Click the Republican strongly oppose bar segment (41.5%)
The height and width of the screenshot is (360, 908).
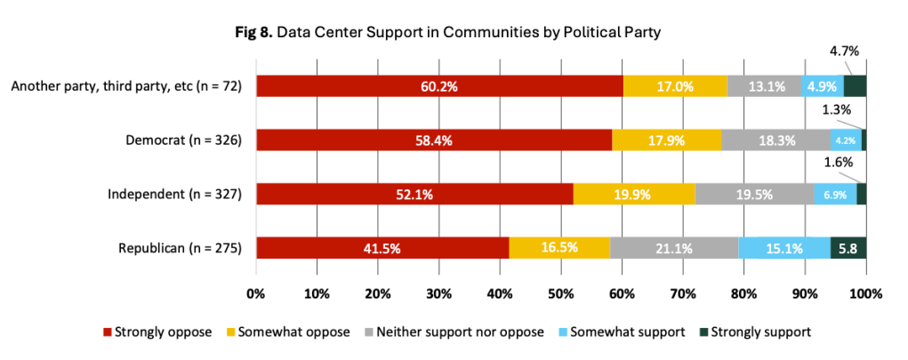(382, 248)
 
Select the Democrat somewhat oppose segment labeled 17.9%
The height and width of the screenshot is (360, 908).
(666, 140)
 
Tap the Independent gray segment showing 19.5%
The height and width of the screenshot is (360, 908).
(754, 194)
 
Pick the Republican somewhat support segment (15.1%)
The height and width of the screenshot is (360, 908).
(784, 248)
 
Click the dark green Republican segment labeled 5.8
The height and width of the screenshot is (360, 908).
(848, 248)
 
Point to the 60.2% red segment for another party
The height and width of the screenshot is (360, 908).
(440, 86)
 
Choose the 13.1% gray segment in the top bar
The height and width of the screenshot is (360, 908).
(765, 86)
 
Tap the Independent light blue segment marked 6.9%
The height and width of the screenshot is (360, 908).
(835, 194)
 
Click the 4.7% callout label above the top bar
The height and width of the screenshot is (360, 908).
(844, 52)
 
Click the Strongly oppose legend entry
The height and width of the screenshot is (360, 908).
(157, 332)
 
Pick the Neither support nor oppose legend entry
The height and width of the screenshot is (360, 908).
(454, 332)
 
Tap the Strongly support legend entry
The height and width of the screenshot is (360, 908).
(755, 332)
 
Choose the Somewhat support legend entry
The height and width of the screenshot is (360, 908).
(622, 332)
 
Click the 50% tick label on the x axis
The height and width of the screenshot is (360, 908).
(561, 293)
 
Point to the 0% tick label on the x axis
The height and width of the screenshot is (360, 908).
(256, 293)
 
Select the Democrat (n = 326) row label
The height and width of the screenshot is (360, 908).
(183, 140)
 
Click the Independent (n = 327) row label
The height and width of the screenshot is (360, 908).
(174, 194)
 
